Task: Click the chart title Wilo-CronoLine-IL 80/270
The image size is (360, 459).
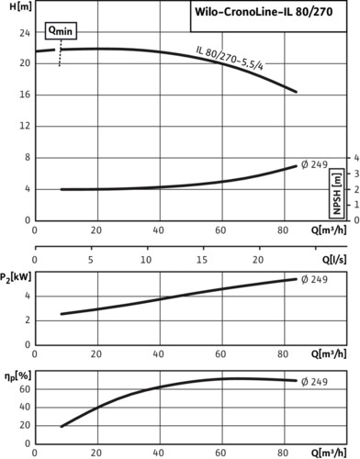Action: (264, 12)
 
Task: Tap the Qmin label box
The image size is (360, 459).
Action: (61, 30)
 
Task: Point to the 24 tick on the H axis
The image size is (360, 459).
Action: (25, 32)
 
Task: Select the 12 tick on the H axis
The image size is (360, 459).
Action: (25, 126)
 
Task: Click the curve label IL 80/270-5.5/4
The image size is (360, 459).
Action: (230, 58)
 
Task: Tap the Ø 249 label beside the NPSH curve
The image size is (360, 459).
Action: (314, 164)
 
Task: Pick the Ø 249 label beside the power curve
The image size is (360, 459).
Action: (314, 279)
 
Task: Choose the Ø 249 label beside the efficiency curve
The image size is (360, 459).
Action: (314, 382)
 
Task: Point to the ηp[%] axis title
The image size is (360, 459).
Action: (17, 376)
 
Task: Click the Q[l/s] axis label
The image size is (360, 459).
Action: (334, 260)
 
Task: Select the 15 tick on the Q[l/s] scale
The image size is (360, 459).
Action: (202, 260)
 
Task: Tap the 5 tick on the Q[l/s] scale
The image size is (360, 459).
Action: (91, 260)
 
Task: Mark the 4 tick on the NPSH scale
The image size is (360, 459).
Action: (356, 158)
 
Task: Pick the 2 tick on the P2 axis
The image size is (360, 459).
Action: (28, 320)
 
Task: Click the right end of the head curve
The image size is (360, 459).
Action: (296, 92)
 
